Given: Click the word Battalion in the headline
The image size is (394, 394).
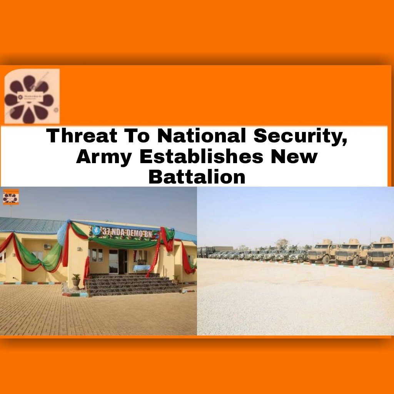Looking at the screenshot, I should [197, 177].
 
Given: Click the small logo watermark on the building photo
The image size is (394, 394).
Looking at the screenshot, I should [11, 197].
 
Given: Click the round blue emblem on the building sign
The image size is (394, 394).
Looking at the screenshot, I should [96, 230].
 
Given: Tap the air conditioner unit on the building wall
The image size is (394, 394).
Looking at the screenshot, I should [47, 246].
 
